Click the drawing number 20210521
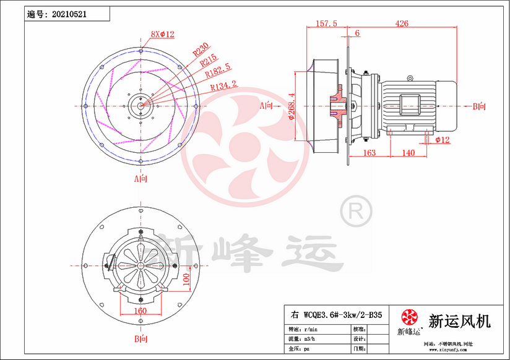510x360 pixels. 69,14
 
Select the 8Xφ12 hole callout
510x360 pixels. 163,34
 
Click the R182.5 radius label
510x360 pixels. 218,72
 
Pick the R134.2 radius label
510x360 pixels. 223,87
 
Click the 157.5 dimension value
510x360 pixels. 326,24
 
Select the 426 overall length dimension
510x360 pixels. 403,24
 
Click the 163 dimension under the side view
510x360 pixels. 369,152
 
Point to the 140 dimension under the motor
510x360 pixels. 408,152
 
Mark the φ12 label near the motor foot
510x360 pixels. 442,140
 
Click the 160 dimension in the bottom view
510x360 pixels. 140,311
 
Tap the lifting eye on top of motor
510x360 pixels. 409,79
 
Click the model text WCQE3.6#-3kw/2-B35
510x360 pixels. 338,315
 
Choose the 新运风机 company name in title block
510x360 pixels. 460,321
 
